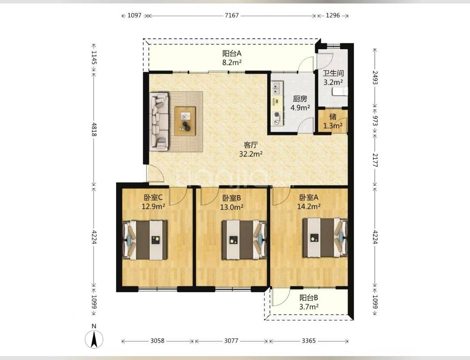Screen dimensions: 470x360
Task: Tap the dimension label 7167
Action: [x=232, y=15]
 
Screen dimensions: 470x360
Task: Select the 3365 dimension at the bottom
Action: [x=309, y=341]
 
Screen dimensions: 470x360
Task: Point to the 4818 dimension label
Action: [x=94, y=129]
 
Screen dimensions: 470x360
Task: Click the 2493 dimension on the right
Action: [x=375, y=77]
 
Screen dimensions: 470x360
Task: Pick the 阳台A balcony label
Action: [x=232, y=54]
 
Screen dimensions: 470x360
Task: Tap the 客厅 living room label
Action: [x=251, y=145]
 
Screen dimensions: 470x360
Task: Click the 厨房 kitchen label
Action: [x=300, y=99]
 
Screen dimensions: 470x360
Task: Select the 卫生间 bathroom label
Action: [x=333, y=73]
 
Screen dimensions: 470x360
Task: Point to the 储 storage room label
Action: [x=333, y=116]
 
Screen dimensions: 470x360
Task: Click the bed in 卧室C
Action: [x=145, y=240]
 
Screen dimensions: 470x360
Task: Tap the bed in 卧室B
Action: [x=244, y=239]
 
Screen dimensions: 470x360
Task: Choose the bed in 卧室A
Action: [x=325, y=238]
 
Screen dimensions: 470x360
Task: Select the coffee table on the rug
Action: [x=185, y=119]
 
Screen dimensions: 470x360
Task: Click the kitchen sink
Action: [x=276, y=87]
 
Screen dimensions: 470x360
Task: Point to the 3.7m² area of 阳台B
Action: [x=309, y=306]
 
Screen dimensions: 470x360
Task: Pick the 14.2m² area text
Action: [x=309, y=206]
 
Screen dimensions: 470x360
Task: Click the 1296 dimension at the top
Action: [x=332, y=15]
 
